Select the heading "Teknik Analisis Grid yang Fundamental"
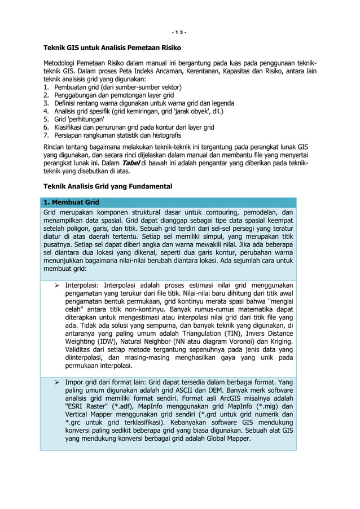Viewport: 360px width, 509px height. (108, 186)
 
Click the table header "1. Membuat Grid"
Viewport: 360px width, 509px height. (71, 201)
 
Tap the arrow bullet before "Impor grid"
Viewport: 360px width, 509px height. (57, 382)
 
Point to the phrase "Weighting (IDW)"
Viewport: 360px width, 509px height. (88, 341)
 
